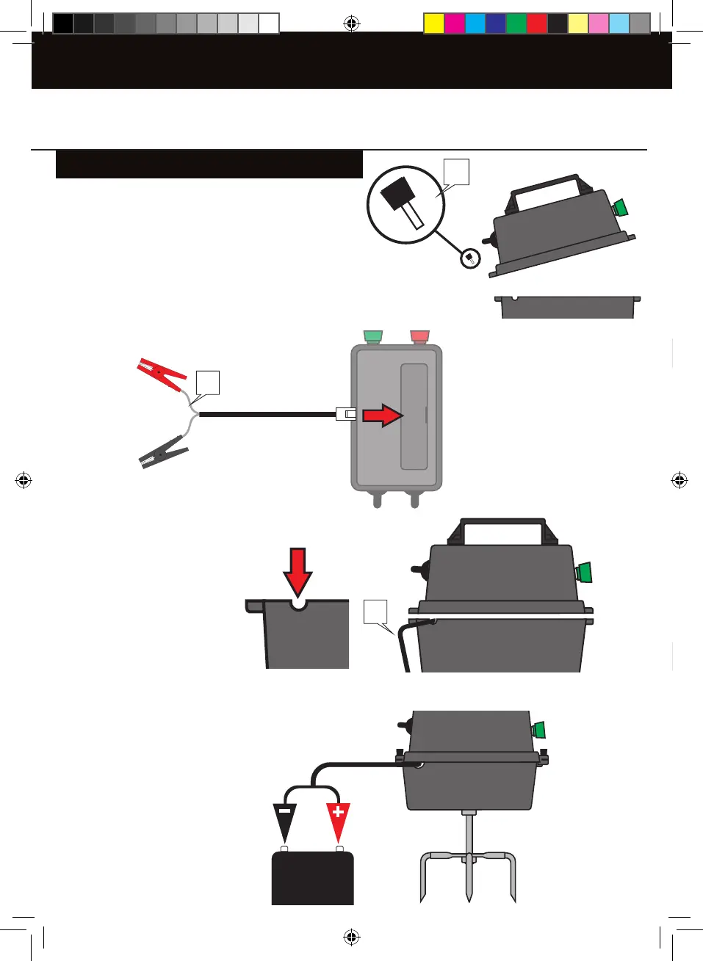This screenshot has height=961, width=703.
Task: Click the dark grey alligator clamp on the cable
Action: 163,452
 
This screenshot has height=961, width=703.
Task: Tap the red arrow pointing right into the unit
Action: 383,416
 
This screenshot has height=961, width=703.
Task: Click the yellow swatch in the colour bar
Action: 434,23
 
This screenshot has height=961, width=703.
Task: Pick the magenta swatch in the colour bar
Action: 455,23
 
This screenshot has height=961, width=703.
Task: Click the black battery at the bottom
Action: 313,878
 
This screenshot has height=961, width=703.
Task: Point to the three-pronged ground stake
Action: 468,866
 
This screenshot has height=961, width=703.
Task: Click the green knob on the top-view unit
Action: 373,337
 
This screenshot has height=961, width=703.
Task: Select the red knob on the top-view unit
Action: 419,337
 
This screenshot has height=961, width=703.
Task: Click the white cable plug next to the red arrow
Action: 346,414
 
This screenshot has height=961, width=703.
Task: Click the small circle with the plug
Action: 470,258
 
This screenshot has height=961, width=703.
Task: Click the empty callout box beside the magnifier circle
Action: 456,172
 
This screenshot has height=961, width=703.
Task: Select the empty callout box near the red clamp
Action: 208,382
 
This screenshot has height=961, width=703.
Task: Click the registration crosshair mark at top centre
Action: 352,24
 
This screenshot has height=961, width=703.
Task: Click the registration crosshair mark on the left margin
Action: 24,481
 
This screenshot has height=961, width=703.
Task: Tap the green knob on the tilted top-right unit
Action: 621,208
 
